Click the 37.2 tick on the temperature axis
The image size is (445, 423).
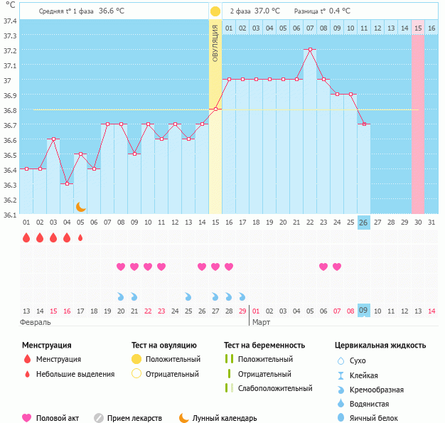[x=10, y=50]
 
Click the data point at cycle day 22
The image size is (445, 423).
[x=309, y=50]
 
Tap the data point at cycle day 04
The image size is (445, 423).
[x=67, y=183]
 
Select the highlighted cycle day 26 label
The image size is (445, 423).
[x=363, y=222]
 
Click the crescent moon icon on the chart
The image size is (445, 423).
[x=81, y=207]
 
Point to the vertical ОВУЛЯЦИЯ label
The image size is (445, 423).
[x=215, y=43]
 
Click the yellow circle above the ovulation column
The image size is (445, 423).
[x=215, y=11]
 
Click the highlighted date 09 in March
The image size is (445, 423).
[x=363, y=311]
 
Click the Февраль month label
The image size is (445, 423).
[x=36, y=322]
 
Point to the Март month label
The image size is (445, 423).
[x=262, y=322]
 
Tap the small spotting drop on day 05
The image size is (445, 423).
[x=80, y=237]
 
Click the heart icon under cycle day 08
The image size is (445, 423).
[x=121, y=267]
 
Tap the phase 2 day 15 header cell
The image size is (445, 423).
[x=418, y=28]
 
